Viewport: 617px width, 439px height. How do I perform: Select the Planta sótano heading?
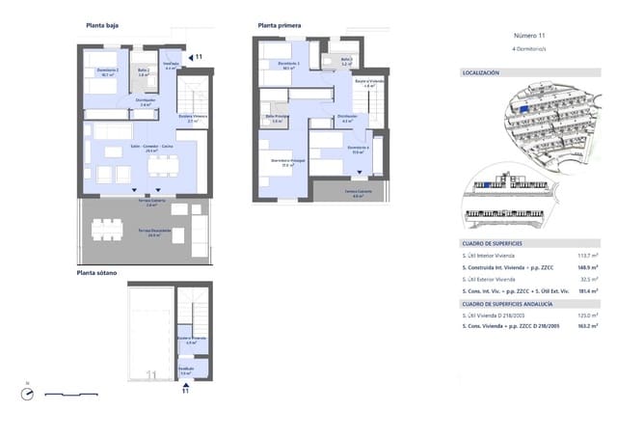(x=97, y=273)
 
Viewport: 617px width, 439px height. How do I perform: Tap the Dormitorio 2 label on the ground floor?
(x=107, y=71)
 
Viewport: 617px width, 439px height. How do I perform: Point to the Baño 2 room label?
(x=143, y=71)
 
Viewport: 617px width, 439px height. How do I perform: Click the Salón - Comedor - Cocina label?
(x=152, y=148)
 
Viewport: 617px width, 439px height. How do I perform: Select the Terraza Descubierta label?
(x=147, y=233)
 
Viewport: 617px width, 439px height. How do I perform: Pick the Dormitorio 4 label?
(x=358, y=149)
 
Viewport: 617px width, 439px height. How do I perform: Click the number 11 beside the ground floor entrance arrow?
(x=200, y=58)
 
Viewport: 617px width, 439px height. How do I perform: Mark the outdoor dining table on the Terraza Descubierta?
(x=107, y=228)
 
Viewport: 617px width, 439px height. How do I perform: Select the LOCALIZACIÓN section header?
(x=481, y=72)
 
